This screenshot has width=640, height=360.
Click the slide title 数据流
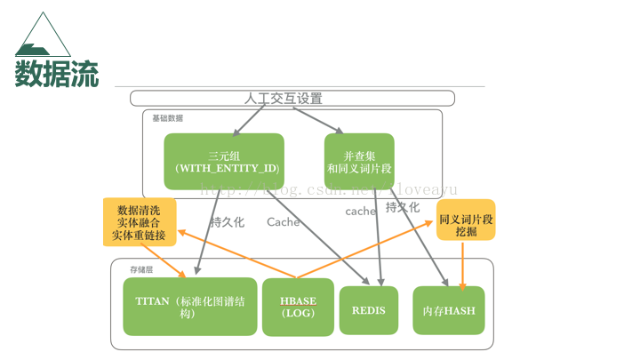(x=57, y=72)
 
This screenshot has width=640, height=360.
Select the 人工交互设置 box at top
(x=292, y=98)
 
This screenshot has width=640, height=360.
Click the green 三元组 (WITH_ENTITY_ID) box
(x=224, y=161)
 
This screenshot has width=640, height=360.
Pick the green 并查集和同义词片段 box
(x=359, y=161)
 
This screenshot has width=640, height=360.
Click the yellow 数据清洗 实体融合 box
(x=139, y=222)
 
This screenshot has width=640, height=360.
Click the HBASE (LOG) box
(x=298, y=307)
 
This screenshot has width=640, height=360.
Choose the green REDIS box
(x=368, y=309)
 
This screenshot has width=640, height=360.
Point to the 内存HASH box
(x=449, y=310)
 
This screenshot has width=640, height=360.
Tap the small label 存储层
(x=140, y=268)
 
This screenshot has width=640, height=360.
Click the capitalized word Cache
(x=283, y=222)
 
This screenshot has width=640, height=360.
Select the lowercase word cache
(x=361, y=212)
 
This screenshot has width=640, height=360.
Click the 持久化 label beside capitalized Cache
(x=227, y=222)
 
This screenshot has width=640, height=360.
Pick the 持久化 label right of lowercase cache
(x=403, y=207)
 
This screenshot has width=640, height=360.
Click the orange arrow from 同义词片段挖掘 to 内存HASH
(x=462, y=264)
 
